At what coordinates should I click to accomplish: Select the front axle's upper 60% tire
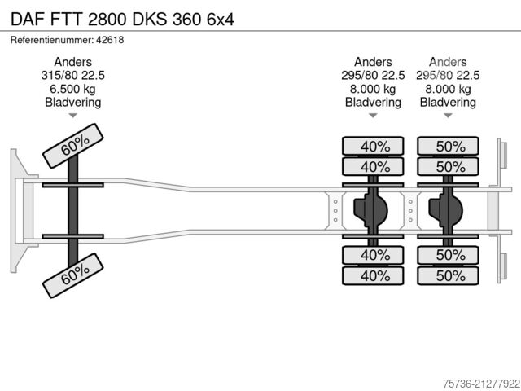74,146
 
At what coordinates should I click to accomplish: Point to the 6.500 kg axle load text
73,89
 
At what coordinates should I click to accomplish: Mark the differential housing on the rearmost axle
447,211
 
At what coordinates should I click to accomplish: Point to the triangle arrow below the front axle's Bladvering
73,116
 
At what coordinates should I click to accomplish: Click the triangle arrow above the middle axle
373,116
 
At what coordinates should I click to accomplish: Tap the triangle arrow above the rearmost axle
448,116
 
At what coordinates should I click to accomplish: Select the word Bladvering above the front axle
73,102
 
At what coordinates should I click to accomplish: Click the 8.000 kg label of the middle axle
373,89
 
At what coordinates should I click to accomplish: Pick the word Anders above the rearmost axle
448,62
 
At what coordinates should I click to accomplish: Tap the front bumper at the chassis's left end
16,211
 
